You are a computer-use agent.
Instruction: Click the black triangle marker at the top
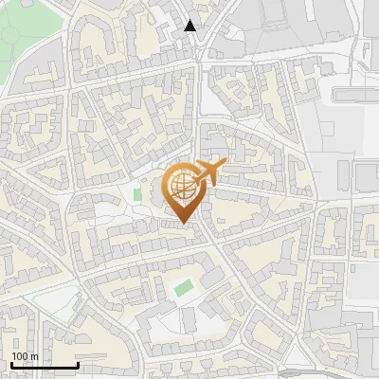(x=190, y=26)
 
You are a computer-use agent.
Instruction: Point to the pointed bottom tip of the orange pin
(x=183, y=224)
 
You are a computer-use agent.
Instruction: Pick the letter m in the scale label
(x=34, y=357)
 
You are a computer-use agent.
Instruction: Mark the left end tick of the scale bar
(x=11, y=363)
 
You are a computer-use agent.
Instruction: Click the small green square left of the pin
(x=137, y=195)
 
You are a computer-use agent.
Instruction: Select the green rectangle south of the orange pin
(x=183, y=286)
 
